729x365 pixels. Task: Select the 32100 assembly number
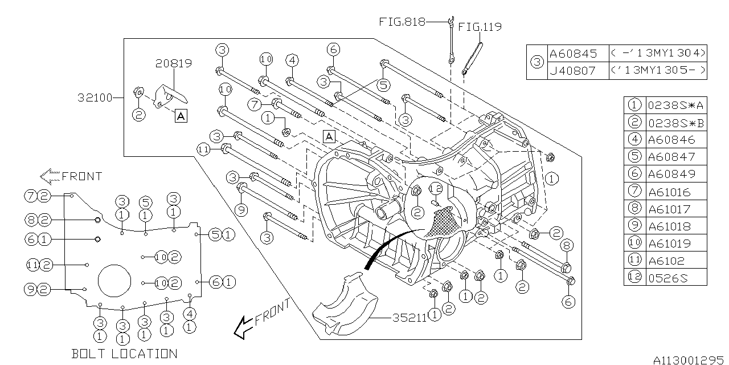pyautogui.click(x=95, y=98)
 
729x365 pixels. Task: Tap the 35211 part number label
pyautogui.click(x=409, y=318)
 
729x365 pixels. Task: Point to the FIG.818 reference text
pyautogui.click(x=403, y=22)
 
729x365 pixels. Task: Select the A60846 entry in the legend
pyautogui.click(x=671, y=140)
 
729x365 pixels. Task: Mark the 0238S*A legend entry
pyautogui.click(x=675, y=105)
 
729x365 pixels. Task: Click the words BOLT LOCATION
pyautogui.click(x=124, y=354)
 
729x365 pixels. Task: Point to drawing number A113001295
pyautogui.click(x=690, y=360)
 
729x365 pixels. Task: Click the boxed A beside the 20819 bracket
pyautogui.click(x=181, y=116)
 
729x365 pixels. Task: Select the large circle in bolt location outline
pyautogui.click(x=115, y=281)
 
